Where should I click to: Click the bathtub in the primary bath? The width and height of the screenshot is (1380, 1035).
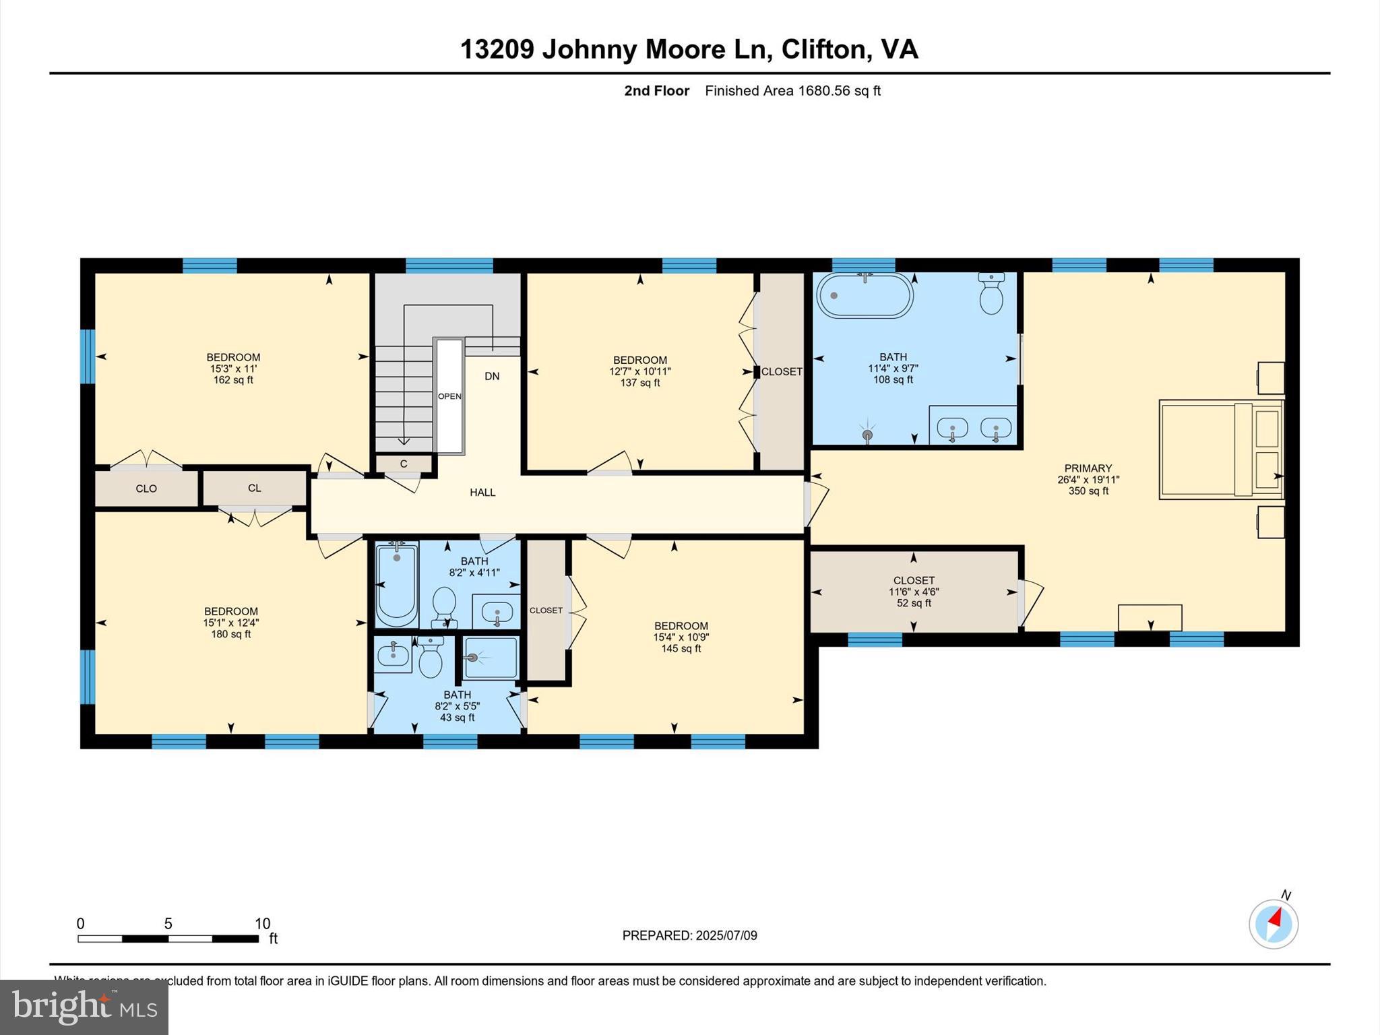coord(865,295)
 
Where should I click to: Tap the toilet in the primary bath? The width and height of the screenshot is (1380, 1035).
coord(991,294)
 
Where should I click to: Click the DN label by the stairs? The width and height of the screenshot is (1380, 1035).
coord(492,376)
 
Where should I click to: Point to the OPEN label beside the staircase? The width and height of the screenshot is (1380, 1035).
coord(449,396)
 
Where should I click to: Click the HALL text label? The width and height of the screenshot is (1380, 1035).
coord(482,493)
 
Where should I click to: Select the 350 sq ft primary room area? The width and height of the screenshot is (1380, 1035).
coord(1088,491)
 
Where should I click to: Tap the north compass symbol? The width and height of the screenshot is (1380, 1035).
coord(1273,924)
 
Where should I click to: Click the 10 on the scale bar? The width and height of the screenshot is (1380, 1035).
coord(262,924)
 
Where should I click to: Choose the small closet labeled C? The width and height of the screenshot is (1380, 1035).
coord(404,464)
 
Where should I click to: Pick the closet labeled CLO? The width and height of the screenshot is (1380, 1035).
coord(146,489)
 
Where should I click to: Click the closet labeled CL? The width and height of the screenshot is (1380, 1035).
coord(254,488)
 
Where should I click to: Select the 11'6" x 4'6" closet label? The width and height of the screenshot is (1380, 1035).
coord(914,592)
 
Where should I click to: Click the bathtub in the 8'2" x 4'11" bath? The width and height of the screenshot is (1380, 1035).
coord(396,584)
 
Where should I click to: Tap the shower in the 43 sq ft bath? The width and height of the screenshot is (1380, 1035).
coord(491,658)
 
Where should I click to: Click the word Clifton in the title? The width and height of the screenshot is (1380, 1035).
coord(823,49)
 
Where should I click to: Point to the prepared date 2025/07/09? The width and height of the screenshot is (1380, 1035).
coord(726,935)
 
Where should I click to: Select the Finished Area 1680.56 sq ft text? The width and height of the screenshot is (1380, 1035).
coord(792,91)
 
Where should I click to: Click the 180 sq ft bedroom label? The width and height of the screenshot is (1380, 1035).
coord(231,634)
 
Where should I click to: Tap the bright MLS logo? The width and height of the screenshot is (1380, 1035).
coord(84,1007)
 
